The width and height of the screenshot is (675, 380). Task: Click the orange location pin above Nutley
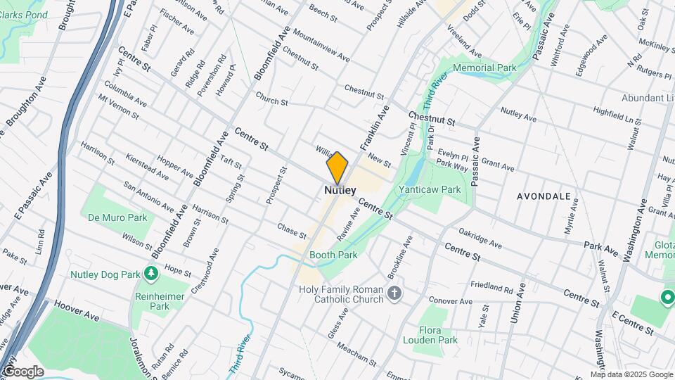tap(337, 167)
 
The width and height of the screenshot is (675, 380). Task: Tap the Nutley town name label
tap(340, 190)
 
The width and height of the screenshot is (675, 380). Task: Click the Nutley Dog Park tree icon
tap(150, 272)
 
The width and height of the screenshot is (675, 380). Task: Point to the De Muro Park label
tap(117, 217)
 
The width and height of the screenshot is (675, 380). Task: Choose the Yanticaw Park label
tap(429, 189)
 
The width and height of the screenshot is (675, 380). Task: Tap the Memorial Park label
tap(485, 68)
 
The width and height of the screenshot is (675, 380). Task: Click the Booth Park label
tap(334, 255)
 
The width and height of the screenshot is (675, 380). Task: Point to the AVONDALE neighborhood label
tap(544, 196)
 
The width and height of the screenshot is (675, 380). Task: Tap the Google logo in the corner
tap(22, 372)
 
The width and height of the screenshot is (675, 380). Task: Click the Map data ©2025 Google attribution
tap(631, 374)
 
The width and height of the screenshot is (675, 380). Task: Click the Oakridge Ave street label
tap(480, 236)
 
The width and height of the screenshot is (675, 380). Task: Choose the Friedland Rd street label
tap(493, 287)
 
